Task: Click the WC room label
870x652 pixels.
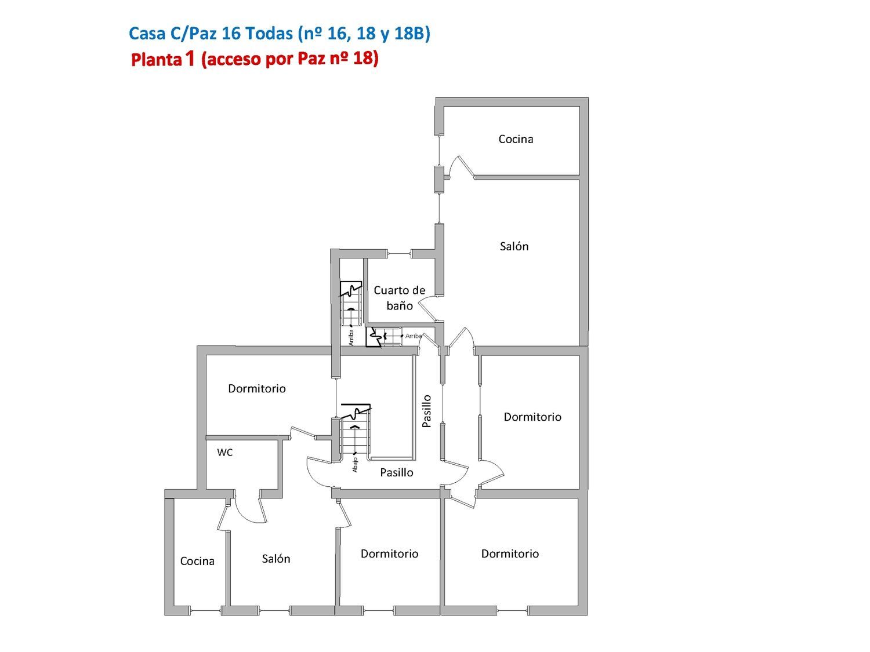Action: (x=224, y=452)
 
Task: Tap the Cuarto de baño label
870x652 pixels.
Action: (x=399, y=298)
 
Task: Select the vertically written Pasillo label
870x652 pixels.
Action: (x=426, y=411)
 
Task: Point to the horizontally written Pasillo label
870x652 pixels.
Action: (x=396, y=472)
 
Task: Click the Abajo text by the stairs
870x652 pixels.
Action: (x=355, y=465)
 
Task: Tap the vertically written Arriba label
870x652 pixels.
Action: (x=351, y=338)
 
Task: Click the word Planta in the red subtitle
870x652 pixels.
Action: (x=156, y=60)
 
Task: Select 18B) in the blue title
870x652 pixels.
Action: (x=412, y=33)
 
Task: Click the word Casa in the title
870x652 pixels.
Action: (x=147, y=33)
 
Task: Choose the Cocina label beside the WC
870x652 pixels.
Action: (x=197, y=561)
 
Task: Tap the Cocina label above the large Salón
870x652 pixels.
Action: (x=516, y=139)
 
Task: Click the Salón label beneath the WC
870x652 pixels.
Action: (x=276, y=559)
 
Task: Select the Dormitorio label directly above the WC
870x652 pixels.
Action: (x=257, y=388)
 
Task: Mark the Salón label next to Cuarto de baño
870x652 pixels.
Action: (x=514, y=246)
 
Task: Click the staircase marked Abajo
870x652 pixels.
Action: (x=356, y=432)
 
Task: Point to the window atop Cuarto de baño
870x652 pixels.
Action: (x=399, y=253)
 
